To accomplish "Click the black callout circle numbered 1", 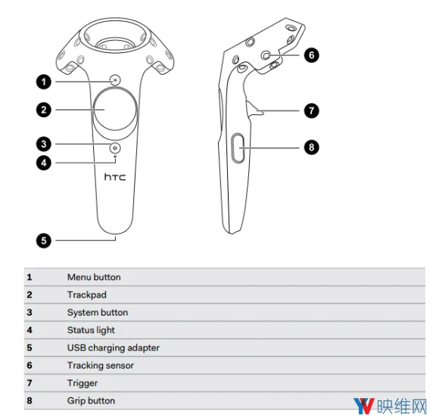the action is (44, 82).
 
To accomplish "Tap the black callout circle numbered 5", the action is (44, 241).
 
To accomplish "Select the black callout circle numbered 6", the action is (311, 55).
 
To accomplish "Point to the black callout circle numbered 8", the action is (311, 147).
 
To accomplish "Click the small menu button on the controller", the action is (115, 80).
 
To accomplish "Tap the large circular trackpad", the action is (115, 110).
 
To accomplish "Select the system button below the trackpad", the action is (115, 148).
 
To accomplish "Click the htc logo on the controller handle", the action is (115, 177).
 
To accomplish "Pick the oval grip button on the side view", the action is (238, 148).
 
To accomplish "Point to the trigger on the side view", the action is (254, 109).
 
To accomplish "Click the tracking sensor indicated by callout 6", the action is (266, 55).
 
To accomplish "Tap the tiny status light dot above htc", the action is (115, 157).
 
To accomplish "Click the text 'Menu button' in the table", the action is (94, 277).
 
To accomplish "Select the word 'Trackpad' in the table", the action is (87, 294).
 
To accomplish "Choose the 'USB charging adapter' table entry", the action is (114, 348).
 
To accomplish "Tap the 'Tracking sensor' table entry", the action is (101, 366).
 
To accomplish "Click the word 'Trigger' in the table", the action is (83, 383).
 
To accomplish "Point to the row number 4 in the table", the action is (30, 330).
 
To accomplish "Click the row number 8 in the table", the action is (30, 400).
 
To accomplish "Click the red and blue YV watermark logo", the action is (363, 406).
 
